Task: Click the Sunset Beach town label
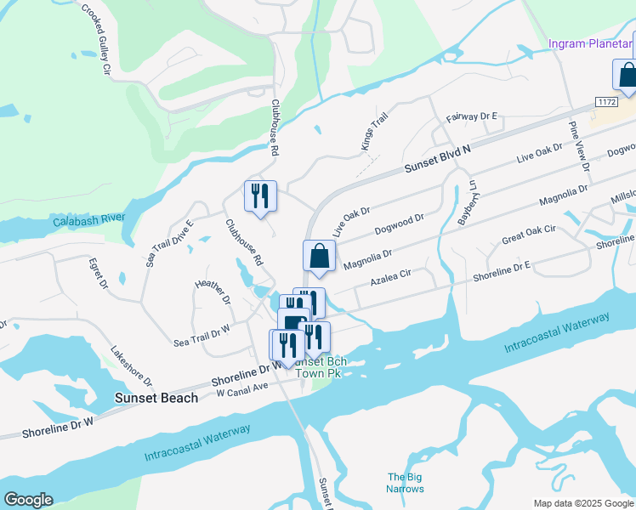pyautogui.click(x=156, y=398)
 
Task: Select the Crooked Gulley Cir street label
pyautogui.click(x=97, y=41)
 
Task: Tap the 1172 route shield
pyautogui.click(x=605, y=102)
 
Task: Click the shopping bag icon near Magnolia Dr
pyautogui.click(x=319, y=256)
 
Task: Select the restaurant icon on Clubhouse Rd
pyautogui.click(x=261, y=196)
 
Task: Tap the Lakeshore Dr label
pyautogui.click(x=131, y=365)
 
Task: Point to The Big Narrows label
pyautogui.click(x=406, y=483)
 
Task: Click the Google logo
pyautogui.click(x=28, y=500)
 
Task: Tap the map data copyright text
pyautogui.click(x=582, y=503)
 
